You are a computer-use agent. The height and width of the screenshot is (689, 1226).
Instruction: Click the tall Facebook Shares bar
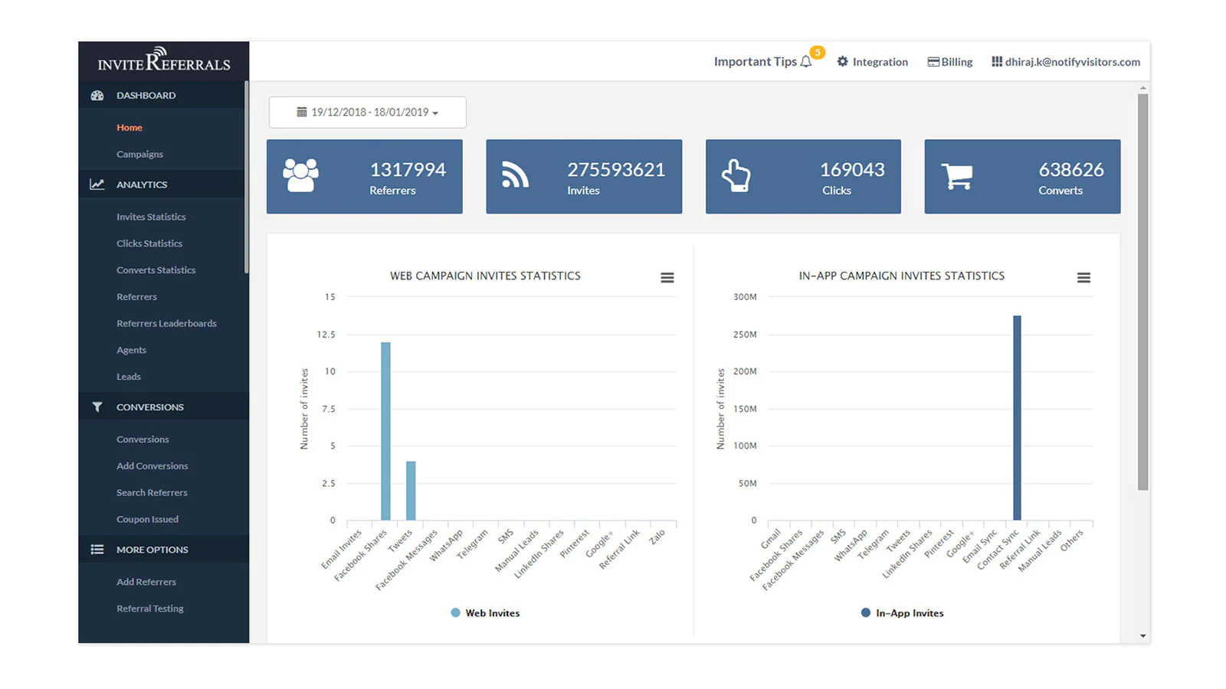tap(386, 431)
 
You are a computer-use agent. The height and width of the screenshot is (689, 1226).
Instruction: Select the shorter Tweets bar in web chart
tap(411, 491)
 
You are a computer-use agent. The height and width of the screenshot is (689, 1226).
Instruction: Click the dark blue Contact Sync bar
tap(1017, 418)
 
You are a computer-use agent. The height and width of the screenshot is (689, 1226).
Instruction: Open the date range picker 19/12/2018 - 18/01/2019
tap(368, 112)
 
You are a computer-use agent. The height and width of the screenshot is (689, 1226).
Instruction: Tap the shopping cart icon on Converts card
tap(957, 176)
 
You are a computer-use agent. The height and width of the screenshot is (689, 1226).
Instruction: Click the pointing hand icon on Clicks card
tap(736, 175)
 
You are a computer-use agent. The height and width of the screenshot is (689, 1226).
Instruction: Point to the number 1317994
tap(408, 169)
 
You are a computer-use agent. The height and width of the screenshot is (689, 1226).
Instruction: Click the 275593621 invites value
tap(616, 169)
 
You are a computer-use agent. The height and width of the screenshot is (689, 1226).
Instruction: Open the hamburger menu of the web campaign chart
tap(667, 278)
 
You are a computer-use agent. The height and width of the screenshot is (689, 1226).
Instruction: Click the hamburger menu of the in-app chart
tap(1083, 278)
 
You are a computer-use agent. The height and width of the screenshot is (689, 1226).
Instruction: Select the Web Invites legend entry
tap(486, 613)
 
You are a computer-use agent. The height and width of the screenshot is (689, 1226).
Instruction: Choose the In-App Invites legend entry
tap(903, 613)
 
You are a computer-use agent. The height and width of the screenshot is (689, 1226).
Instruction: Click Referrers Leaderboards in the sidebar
tap(166, 323)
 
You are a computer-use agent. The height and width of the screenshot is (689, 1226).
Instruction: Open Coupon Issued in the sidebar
tap(147, 519)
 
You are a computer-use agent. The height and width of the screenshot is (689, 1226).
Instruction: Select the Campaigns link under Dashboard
tap(139, 154)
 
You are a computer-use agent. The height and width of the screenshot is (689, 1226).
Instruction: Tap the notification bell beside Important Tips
tap(805, 62)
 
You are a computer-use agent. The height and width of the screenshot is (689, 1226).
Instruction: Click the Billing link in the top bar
tap(950, 62)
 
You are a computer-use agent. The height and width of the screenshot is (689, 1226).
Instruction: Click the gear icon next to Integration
tap(842, 61)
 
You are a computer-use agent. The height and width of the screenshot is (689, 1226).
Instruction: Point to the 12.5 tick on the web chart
tap(326, 334)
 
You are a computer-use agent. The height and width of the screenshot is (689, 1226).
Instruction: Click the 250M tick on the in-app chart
tap(745, 334)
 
